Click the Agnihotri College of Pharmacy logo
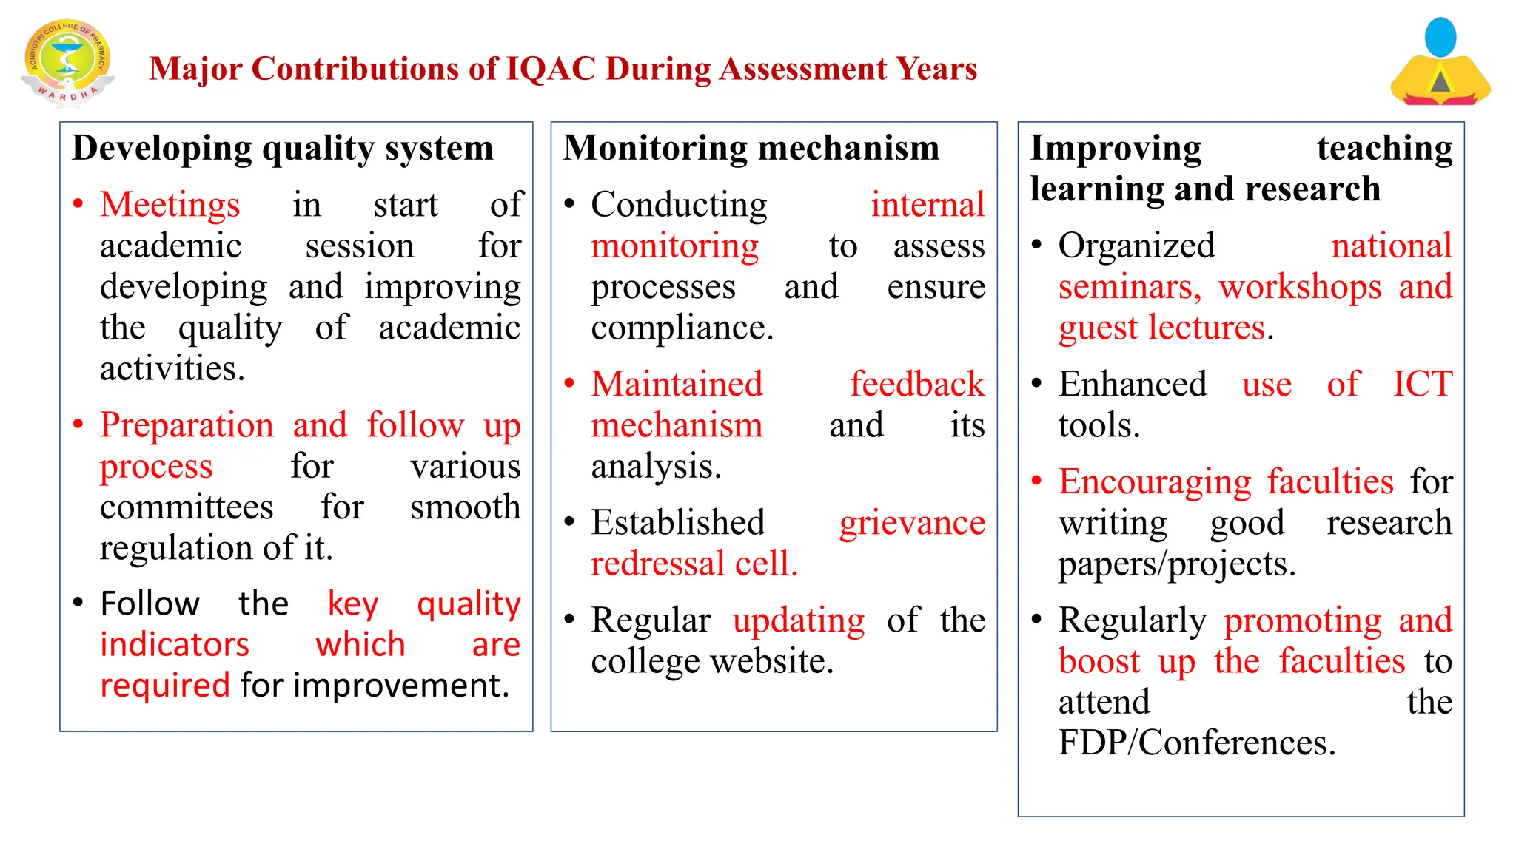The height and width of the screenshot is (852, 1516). (x=68, y=62)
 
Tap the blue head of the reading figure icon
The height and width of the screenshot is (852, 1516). (x=1440, y=37)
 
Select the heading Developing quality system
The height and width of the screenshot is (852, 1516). (x=283, y=148)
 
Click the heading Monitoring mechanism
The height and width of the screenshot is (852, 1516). (x=751, y=148)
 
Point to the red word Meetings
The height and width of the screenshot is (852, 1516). (x=170, y=205)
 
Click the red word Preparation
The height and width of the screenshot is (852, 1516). (x=187, y=425)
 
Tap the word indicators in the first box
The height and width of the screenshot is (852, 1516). (x=175, y=645)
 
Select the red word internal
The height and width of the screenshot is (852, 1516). (x=928, y=205)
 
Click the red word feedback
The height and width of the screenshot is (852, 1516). (x=916, y=385)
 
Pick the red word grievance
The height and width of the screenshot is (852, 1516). (x=912, y=524)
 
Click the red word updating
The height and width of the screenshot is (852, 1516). (x=799, y=621)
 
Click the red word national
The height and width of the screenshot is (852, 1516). (x=1392, y=246)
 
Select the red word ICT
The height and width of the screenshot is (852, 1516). (x=1422, y=385)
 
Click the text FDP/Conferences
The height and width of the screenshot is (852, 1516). (x=1197, y=743)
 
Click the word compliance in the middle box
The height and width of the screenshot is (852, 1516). (x=682, y=328)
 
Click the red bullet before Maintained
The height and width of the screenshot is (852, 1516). (x=569, y=384)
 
